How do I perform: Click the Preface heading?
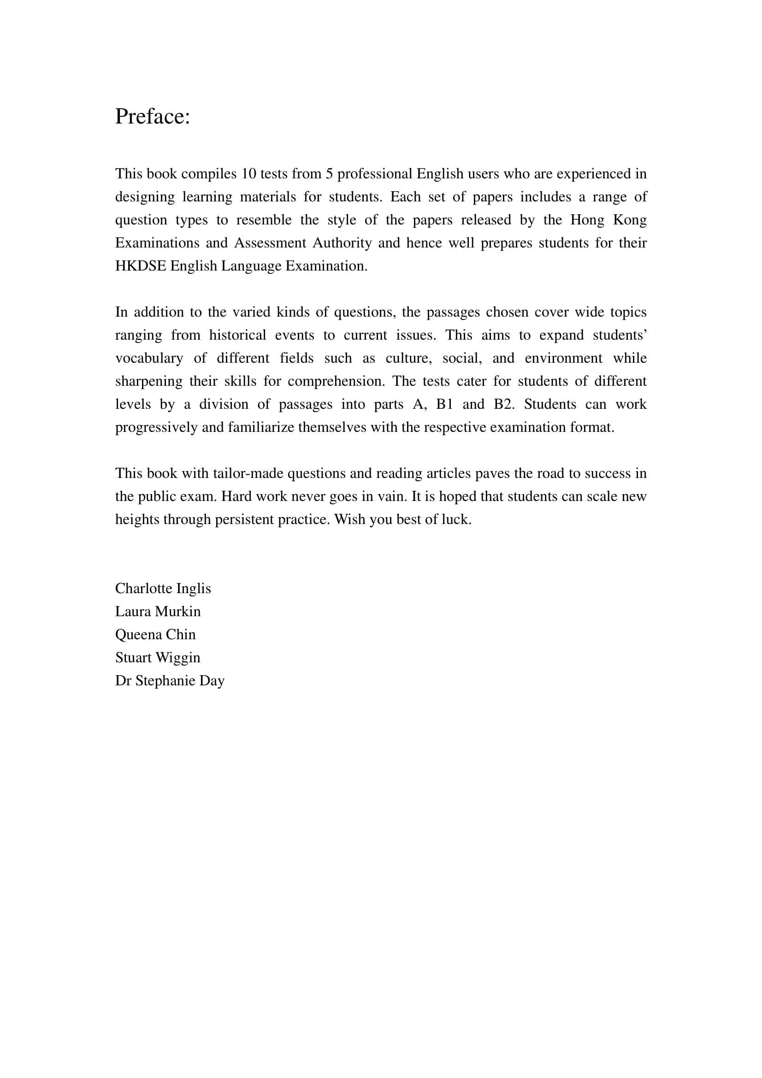pyautogui.click(x=153, y=117)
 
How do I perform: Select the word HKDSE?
pyautogui.click(x=141, y=266)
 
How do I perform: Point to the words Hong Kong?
pyautogui.click(x=608, y=220)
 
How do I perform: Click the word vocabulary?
pyautogui.click(x=149, y=358)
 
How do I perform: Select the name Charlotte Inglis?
pyautogui.click(x=163, y=588)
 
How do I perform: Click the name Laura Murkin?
pyautogui.click(x=158, y=611)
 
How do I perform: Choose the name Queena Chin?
pyautogui.click(x=155, y=634)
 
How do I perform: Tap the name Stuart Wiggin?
pyautogui.click(x=158, y=657)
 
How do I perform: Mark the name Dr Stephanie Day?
pyautogui.click(x=170, y=680)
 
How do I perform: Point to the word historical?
pyautogui.click(x=237, y=335)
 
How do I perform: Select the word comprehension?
pyautogui.click(x=336, y=381)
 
